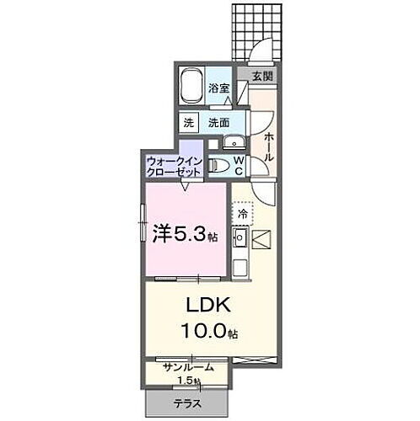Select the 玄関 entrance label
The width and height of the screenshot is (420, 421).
pos(262,76)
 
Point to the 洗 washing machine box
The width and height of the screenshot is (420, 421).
pos(189,121)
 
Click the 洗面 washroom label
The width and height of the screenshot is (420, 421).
pos(220,121)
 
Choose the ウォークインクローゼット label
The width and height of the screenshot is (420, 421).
pos(174,165)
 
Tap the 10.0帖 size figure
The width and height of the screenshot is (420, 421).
pos(207,332)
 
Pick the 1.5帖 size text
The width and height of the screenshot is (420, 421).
pos(191,381)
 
